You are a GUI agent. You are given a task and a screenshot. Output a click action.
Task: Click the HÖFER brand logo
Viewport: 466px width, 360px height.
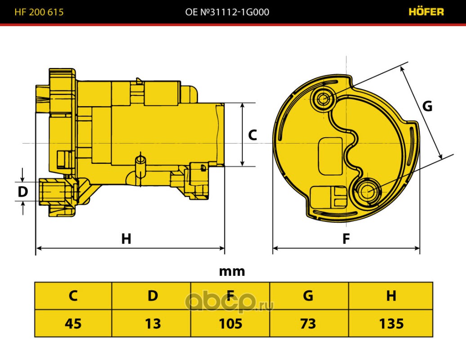tap(426, 12)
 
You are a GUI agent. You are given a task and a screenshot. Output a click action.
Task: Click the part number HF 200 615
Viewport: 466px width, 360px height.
tap(39, 12)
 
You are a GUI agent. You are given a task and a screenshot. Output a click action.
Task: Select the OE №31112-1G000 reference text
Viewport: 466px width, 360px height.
tap(227, 12)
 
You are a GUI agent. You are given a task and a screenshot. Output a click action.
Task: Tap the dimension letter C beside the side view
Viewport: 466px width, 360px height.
tap(252, 135)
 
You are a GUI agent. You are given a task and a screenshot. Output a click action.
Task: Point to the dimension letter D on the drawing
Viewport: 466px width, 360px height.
tap(23, 192)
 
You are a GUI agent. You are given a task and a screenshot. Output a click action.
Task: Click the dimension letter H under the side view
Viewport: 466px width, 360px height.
tap(126, 238)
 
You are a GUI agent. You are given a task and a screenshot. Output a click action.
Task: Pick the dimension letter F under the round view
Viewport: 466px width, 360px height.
tap(346, 238)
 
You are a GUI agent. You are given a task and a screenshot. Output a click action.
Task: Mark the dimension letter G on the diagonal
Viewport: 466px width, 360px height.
tap(427, 106)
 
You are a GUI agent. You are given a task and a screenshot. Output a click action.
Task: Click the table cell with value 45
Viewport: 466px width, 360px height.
tap(73, 324)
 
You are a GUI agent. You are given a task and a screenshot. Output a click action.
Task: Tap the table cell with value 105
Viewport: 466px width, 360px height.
tap(230, 324)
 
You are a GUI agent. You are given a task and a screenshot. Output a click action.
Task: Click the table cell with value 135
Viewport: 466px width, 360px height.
tap(390, 324)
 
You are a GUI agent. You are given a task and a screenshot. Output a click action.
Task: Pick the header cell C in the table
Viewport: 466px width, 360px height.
tap(73, 296)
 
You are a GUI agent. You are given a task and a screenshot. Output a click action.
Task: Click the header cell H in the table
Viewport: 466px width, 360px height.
tap(390, 296)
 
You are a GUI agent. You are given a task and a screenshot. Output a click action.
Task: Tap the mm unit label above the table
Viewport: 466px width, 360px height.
tap(232, 271)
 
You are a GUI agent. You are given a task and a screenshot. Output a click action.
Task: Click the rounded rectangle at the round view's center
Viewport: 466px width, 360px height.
tap(330, 156)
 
